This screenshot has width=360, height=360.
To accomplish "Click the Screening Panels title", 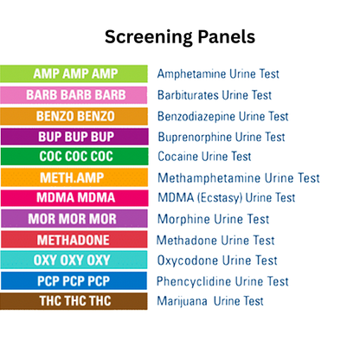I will [x=180, y=37].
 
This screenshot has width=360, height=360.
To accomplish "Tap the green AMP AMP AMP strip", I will [x=76, y=74].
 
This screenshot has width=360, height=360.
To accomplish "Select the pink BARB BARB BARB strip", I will [x=76, y=94].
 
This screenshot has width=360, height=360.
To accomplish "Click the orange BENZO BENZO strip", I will [x=76, y=115].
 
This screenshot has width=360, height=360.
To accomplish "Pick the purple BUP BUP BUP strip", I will [x=76, y=136].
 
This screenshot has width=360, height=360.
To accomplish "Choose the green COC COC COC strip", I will [x=76, y=157].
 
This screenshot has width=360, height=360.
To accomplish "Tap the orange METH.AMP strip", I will [x=76, y=177].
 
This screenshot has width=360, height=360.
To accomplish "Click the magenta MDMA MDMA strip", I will [x=76, y=198].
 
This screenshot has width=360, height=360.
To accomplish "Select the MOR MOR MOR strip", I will [x=76, y=219].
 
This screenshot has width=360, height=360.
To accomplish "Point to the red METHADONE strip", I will [x=76, y=240].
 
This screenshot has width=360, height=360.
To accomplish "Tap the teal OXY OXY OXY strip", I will [x=76, y=260].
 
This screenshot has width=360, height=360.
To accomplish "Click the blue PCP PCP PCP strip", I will [x=76, y=281].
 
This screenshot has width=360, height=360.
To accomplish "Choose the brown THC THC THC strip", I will [x=76, y=301].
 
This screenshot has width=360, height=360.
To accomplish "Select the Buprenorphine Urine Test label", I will [x=221, y=137].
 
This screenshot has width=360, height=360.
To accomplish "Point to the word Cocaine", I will [x=179, y=157].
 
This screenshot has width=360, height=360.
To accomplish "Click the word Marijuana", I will [x=183, y=301].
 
